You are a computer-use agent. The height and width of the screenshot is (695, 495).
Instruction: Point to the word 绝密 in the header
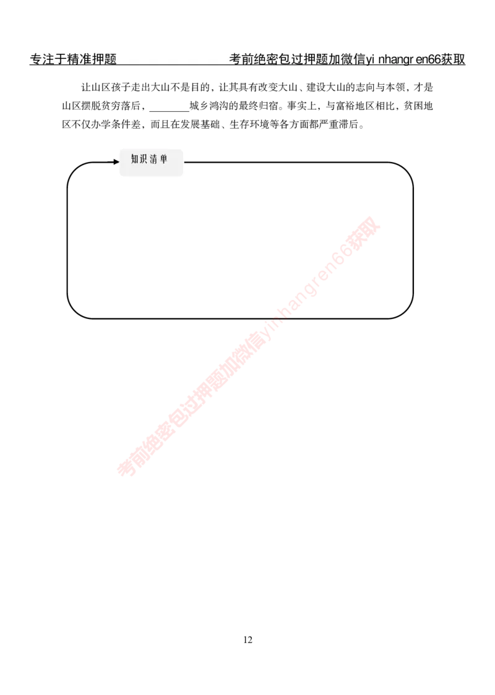pos(266,60)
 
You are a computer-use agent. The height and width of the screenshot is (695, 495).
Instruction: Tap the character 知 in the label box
pos(135,160)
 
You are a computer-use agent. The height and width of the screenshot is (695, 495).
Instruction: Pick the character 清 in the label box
pos(154,160)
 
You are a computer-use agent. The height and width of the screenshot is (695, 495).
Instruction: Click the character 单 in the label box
pos(164,160)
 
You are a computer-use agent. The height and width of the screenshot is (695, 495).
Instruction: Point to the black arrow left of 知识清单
pos(116,161)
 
